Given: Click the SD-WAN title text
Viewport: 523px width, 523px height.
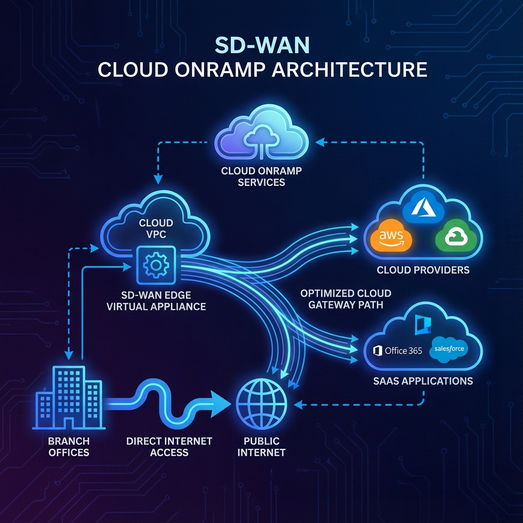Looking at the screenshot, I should [262, 45].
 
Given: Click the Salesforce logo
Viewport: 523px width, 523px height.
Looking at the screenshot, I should [448, 349].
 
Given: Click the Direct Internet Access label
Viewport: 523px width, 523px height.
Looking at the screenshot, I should [169, 446].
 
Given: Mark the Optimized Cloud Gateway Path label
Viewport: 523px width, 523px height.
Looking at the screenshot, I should [345, 299].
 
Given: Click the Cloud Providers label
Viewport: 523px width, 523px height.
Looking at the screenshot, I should [423, 270].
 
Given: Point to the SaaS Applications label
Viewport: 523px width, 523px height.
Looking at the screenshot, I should [422, 381].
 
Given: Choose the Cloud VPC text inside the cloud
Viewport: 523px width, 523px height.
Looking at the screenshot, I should [156, 229].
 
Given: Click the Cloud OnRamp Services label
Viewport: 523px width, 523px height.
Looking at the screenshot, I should [261, 177].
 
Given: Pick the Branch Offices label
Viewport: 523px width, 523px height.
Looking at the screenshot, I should [68, 446].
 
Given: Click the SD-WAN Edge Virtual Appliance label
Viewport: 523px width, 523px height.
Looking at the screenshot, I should [156, 300].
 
